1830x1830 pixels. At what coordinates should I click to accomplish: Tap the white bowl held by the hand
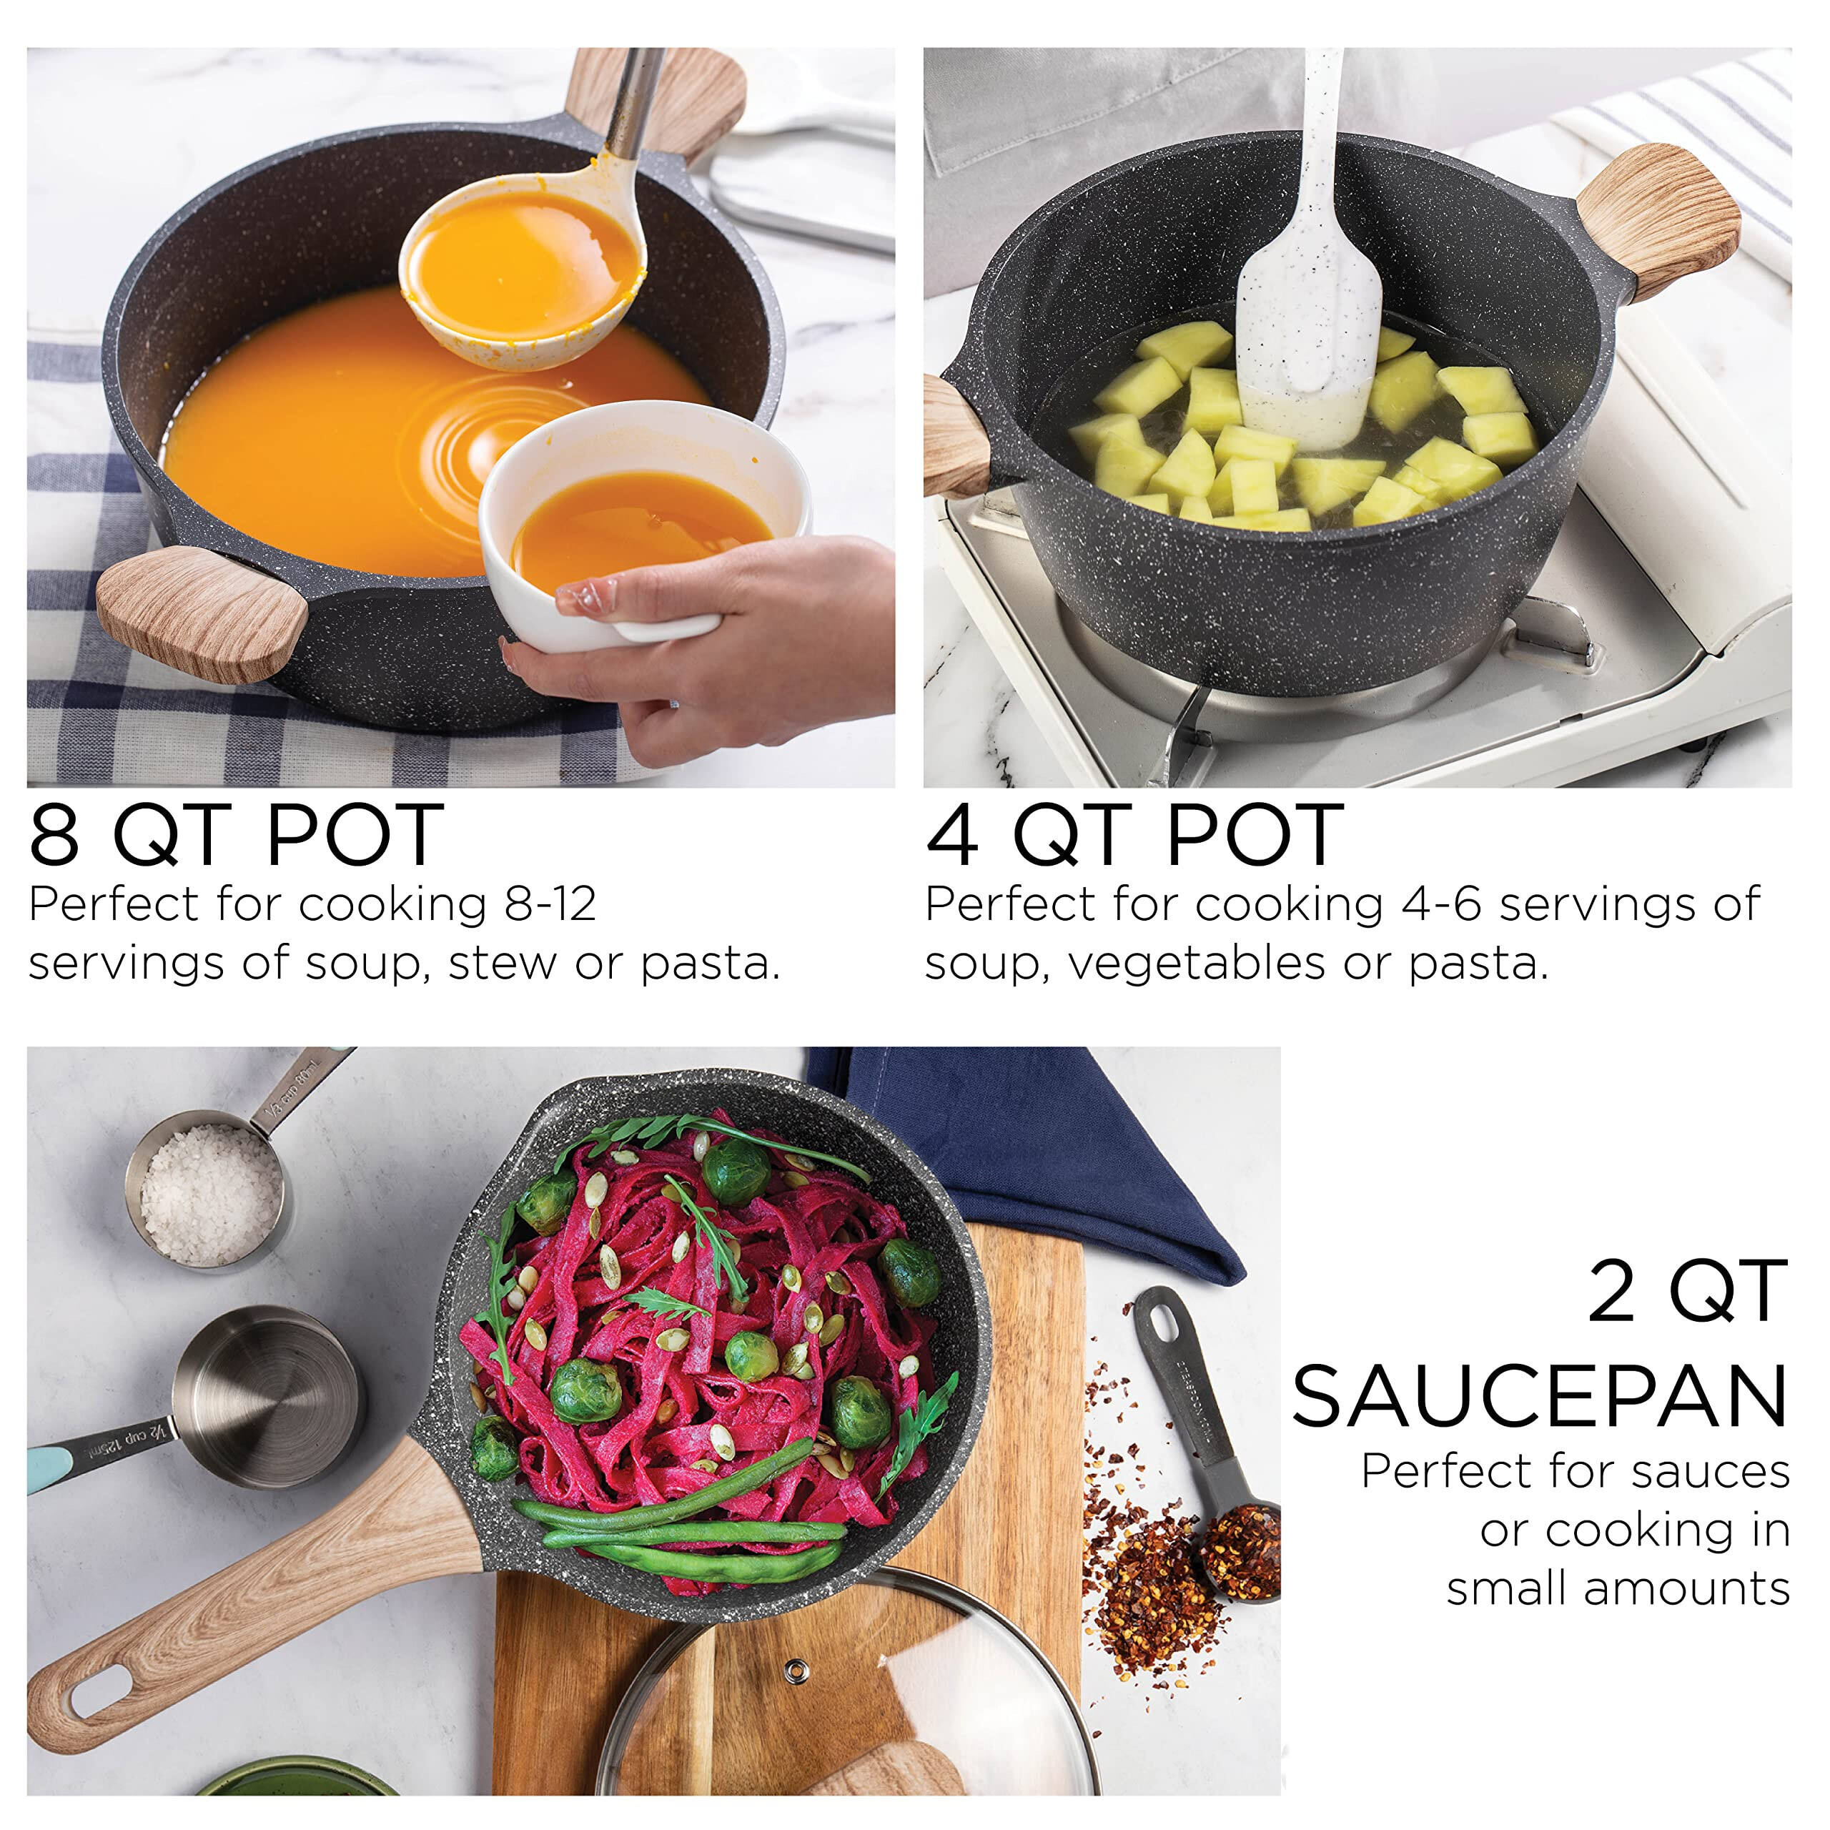[644, 530]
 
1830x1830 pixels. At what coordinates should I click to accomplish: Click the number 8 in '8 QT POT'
[54, 834]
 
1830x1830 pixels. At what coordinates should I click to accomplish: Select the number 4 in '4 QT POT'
[952, 834]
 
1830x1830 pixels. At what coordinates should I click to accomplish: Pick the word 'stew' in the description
[503, 964]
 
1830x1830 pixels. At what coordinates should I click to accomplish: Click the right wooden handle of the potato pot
[1658, 222]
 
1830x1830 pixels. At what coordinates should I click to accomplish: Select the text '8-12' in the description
[550, 904]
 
